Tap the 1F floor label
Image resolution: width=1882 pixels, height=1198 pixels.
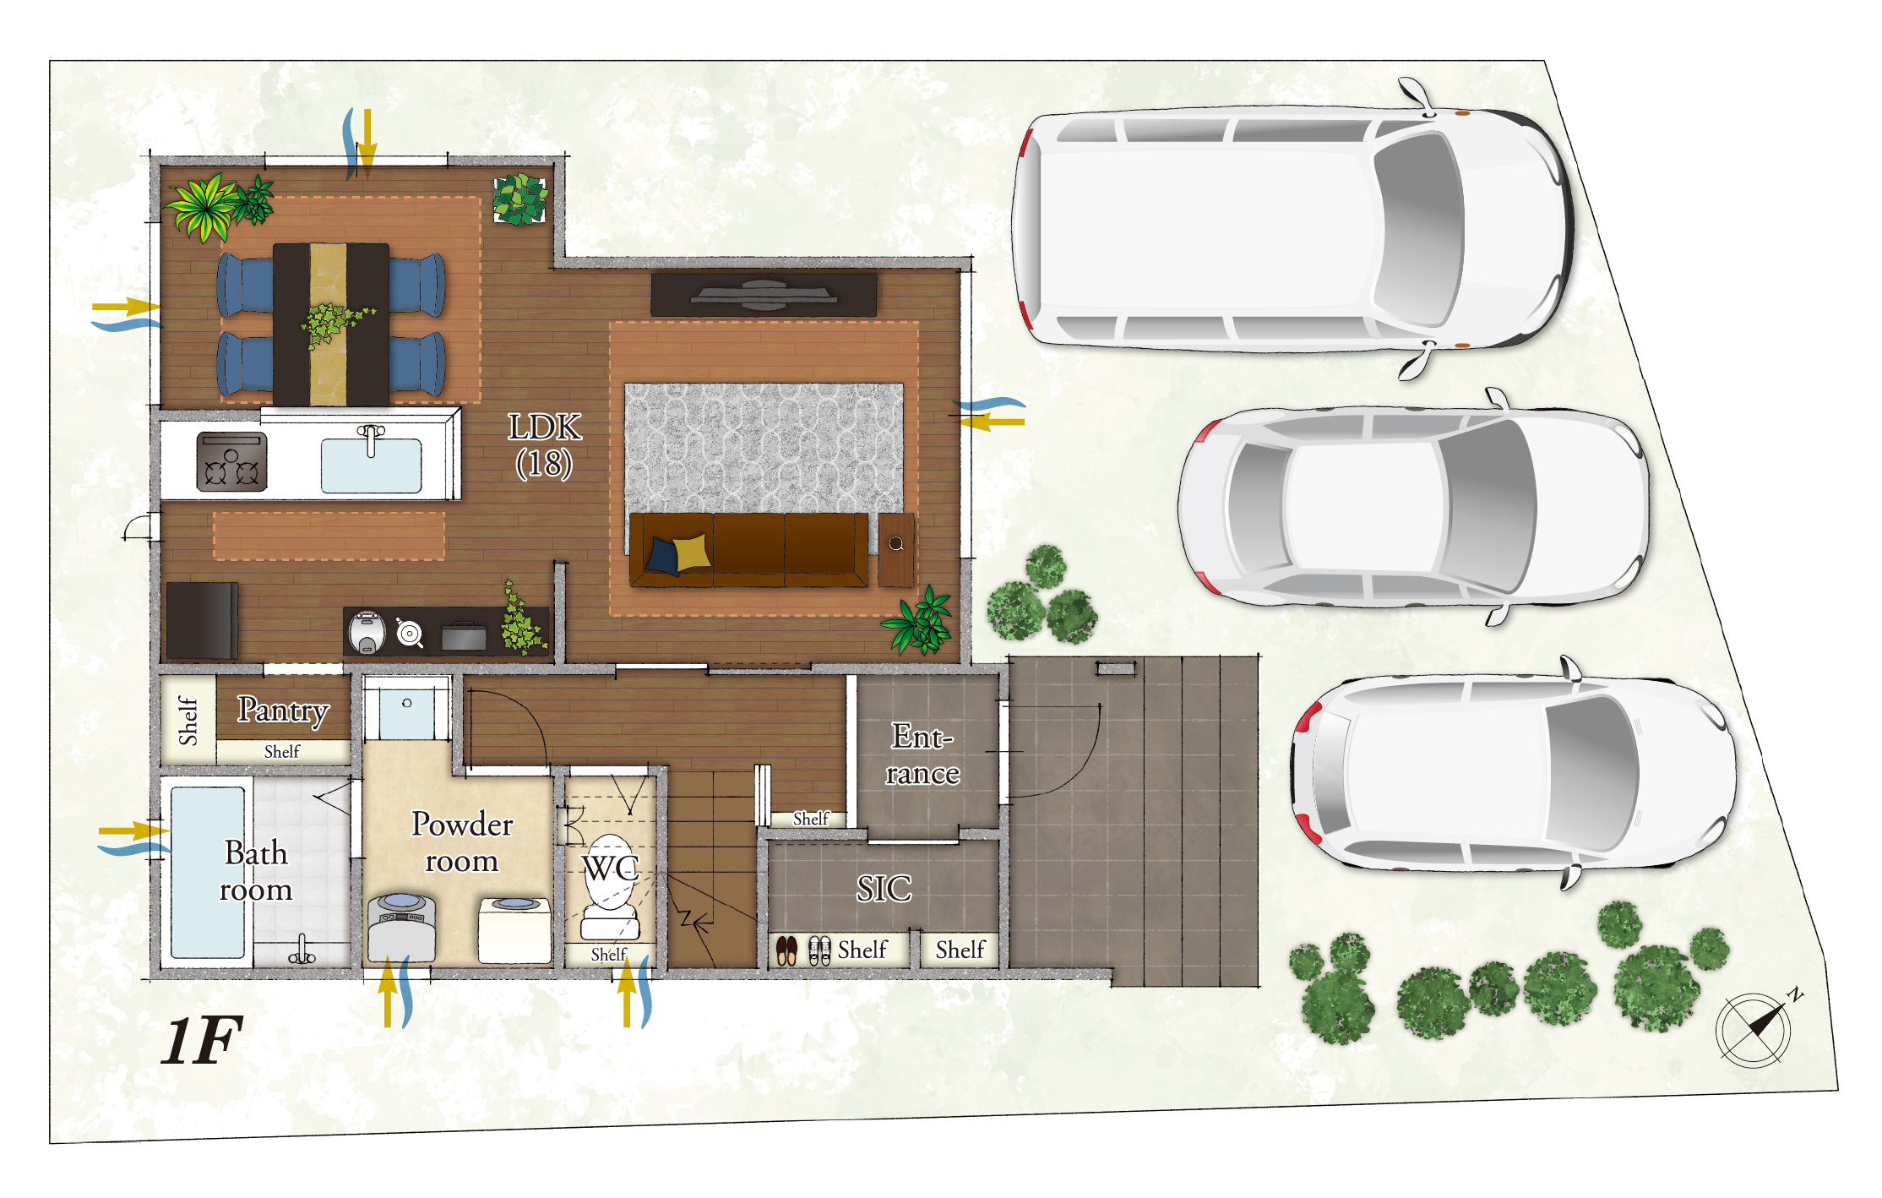(x=202, y=1040)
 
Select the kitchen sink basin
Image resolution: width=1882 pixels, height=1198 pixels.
(x=371, y=465)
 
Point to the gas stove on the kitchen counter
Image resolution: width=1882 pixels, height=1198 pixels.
(x=231, y=461)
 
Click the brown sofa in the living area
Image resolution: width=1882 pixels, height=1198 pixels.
(x=748, y=549)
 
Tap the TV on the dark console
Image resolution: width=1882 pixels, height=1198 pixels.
(x=764, y=294)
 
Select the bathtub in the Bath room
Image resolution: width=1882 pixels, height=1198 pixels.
(x=208, y=872)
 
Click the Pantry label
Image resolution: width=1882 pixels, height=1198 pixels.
(x=283, y=711)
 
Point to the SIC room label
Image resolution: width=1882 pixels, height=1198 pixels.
(x=884, y=888)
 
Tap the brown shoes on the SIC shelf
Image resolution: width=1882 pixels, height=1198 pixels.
(x=786, y=950)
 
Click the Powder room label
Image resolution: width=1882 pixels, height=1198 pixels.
(x=462, y=842)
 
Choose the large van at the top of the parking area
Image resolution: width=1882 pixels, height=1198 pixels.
(x=1292, y=228)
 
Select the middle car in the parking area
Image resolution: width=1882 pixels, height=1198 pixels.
(x=1411, y=507)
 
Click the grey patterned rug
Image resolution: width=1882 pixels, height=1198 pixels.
(x=764, y=448)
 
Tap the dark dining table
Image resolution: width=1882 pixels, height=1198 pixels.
(x=331, y=324)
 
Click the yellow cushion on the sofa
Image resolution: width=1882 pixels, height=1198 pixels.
(x=692, y=552)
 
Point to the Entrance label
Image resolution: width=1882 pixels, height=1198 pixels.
(x=922, y=754)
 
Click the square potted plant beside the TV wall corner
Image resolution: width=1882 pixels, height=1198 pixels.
(x=519, y=200)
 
